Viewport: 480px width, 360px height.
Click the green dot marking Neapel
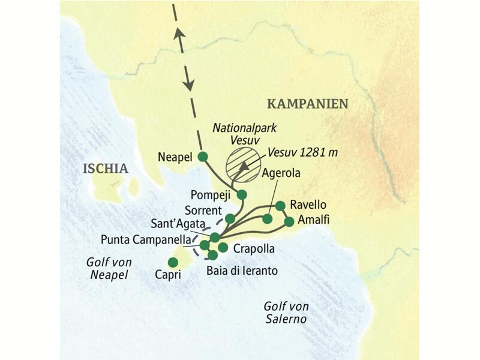[203, 157]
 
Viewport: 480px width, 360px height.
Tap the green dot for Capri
[173, 262]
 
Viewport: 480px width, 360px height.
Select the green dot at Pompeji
[242, 194]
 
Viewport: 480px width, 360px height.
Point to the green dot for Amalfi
[289, 221]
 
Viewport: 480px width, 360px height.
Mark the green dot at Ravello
[280, 206]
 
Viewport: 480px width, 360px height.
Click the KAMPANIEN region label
[307, 104]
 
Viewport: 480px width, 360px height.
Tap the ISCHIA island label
[106, 169]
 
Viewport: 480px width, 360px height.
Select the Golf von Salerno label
[286, 313]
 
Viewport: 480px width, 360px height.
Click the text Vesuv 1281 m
[302, 152]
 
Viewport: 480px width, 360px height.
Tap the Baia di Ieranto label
[242, 271]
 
